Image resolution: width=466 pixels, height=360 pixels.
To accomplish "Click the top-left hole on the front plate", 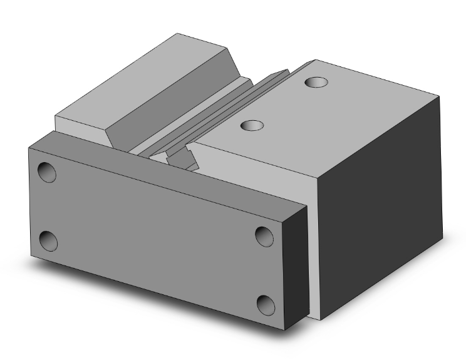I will (x=47, y=172).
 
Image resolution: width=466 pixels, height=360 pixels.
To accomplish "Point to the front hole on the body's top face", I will (x=252, y=126).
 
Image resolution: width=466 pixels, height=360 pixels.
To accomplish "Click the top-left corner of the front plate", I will (x=29, y=148).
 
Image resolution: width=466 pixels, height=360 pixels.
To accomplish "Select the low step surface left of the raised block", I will (x=81, y=122).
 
